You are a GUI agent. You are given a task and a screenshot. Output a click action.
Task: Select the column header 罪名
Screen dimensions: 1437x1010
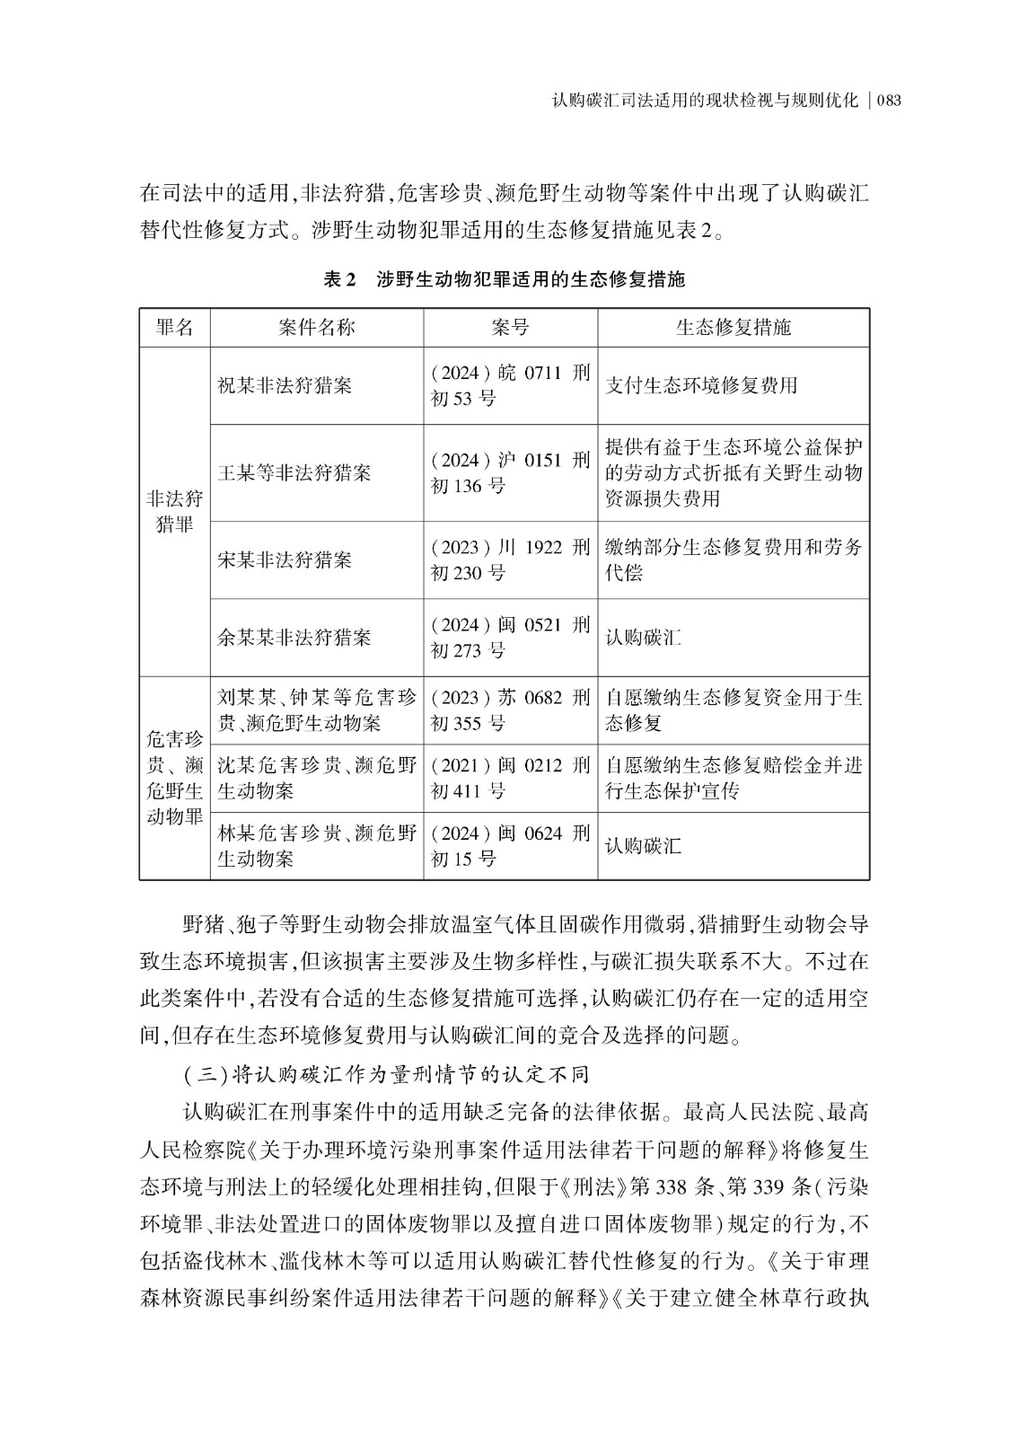(x=174, y=328)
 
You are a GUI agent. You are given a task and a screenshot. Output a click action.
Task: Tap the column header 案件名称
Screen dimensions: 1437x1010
(x=316, y=328)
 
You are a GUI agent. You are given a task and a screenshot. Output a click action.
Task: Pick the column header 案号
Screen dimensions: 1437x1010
(x=510, y=328)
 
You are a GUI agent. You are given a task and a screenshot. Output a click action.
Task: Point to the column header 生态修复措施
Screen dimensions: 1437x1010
(x=733, y=328)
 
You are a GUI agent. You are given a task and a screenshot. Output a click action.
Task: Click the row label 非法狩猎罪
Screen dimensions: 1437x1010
(x=174, y=512)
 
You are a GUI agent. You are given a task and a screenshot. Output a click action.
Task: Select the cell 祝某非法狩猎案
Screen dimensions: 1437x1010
(x=285, y=386)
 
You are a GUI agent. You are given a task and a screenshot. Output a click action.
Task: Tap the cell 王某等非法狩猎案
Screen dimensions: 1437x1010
(x=294, y=473)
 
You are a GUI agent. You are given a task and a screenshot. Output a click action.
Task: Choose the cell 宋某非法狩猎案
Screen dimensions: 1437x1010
(x=285, y=560)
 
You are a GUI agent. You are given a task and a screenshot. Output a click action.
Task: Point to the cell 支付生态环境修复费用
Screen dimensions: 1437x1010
(x=701, y=386)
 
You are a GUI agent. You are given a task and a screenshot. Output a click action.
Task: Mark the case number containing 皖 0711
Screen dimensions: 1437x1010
(x=510, y=386)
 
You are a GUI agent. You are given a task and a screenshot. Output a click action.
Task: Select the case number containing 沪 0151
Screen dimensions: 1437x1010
(x=510, y=473)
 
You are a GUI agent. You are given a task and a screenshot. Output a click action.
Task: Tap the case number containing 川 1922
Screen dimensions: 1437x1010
(x=510, y=560)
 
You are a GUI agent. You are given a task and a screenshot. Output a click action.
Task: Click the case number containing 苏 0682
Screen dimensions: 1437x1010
(x=510, y=710)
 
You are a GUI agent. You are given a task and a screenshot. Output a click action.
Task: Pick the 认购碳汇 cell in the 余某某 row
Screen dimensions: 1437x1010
(x=643, y=638)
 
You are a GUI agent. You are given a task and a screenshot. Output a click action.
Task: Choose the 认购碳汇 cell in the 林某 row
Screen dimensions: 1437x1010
(x=643, y=846)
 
